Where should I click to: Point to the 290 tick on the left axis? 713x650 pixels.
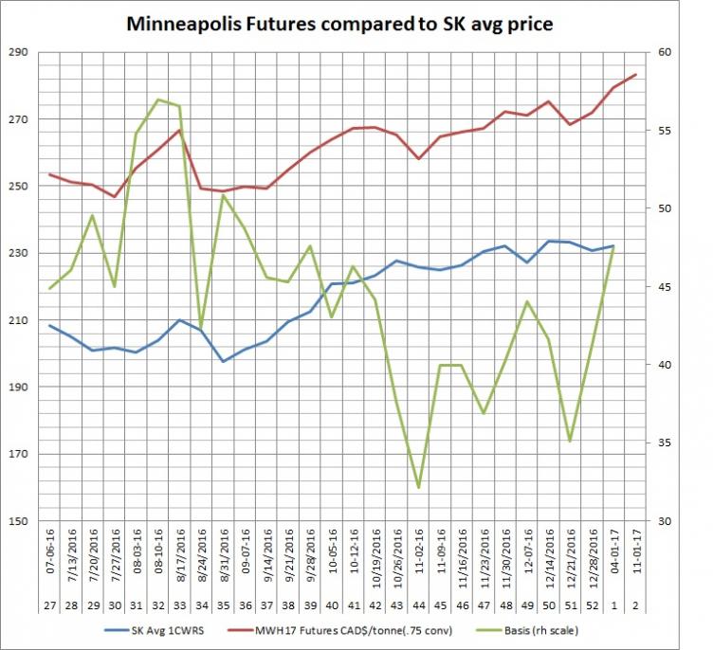(19, 53)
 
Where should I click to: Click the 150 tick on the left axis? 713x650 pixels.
(19, 521)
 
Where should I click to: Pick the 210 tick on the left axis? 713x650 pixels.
(19, 320)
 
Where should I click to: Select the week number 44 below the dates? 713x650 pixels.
(419, 603)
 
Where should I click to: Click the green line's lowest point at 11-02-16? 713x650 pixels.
(418, 487)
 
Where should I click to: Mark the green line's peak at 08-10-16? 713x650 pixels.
(158, 99)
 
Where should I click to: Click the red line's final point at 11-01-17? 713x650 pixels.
(635, 74)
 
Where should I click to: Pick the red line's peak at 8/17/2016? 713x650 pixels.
(179, 130)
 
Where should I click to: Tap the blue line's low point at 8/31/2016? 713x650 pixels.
(223, 361)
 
